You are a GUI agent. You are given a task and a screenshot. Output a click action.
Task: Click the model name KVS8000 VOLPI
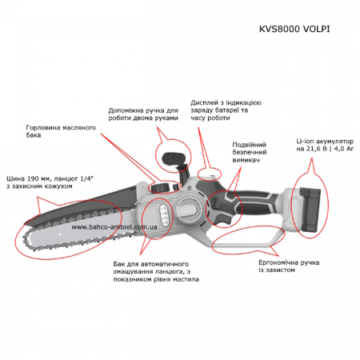point(294,29)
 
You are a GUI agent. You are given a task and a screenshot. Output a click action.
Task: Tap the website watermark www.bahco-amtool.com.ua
point(114,227)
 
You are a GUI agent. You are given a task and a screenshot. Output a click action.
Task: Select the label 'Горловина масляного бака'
point(61,131)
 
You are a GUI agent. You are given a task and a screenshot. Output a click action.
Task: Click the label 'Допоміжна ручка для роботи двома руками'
point(143,114)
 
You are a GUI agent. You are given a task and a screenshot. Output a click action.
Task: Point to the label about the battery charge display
point(226,110)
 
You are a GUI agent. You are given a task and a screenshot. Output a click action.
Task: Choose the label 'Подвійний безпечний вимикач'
point(250,152)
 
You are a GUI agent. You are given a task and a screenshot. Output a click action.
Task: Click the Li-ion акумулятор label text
point(325,145)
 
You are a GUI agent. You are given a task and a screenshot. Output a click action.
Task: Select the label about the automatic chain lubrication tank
point(156,271)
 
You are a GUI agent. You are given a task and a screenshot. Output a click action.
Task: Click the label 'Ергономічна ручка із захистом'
point(289,266)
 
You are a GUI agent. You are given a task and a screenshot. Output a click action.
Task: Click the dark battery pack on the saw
point(310,210)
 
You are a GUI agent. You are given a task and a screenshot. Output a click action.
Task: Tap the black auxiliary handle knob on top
point(173,159)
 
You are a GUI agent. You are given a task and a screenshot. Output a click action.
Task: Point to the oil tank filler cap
point(160,188)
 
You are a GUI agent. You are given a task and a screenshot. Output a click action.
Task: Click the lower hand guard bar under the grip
point(248,242)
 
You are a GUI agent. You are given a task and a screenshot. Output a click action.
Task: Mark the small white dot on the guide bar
point(60,234)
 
